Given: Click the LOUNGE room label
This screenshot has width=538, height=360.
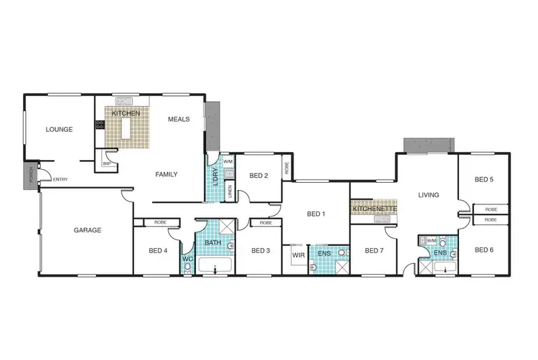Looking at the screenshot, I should (x=60, y=130).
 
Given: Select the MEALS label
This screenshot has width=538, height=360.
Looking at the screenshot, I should (x=179, y=119).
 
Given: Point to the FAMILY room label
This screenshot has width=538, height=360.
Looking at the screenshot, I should (x=166, y=174).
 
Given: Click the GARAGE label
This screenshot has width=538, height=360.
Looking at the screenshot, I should (x=88, y=230).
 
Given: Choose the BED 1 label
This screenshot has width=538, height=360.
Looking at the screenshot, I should (x=316, y=214).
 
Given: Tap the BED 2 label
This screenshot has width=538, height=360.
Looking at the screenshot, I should (x=258, y=175).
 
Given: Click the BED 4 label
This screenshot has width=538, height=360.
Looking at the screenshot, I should (x=158, y=250).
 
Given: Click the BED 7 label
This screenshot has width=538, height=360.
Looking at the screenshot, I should (x=374, y=250).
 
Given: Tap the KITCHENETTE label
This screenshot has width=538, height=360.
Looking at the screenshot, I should (x=374, y=208).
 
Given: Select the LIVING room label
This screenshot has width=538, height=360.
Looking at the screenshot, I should (x=428, y=194).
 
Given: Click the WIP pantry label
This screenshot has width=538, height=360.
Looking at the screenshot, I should (x=107, y=164).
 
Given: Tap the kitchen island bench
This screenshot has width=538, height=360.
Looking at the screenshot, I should (x=129, y=129).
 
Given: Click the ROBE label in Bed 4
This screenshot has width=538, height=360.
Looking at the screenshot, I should (x=160, y=222).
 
